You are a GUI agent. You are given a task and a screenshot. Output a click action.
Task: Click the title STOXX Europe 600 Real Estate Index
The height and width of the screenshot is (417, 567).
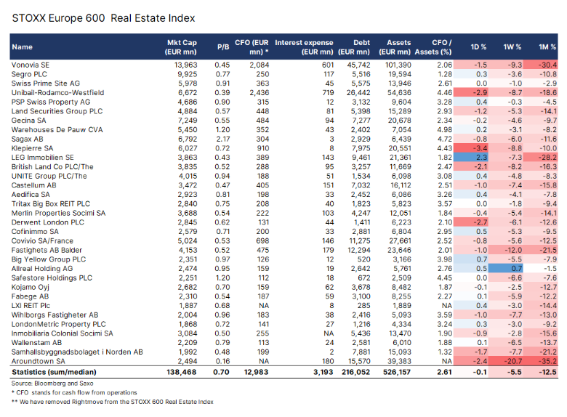point(103,17)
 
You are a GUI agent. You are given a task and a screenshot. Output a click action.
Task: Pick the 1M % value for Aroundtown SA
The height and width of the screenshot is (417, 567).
point(542,361)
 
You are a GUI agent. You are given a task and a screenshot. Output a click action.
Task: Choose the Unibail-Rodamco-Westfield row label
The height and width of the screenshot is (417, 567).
point(57,93)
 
